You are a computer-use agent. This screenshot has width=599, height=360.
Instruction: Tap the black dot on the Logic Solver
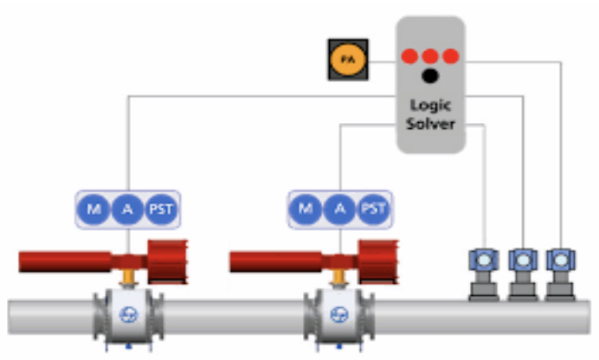430,77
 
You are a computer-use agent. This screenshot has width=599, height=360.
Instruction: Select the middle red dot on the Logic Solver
430,57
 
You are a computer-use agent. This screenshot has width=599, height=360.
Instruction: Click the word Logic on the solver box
430,106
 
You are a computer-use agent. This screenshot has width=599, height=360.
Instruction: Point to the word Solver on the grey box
430,123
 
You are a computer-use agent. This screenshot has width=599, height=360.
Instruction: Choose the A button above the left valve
127,209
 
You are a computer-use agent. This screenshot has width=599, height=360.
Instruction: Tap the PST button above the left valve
161,209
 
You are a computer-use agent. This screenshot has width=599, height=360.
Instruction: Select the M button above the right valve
306,209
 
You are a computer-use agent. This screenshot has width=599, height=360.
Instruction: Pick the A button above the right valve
339,209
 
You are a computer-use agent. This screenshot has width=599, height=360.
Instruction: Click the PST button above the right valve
373,209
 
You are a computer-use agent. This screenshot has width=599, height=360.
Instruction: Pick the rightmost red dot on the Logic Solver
450,57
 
